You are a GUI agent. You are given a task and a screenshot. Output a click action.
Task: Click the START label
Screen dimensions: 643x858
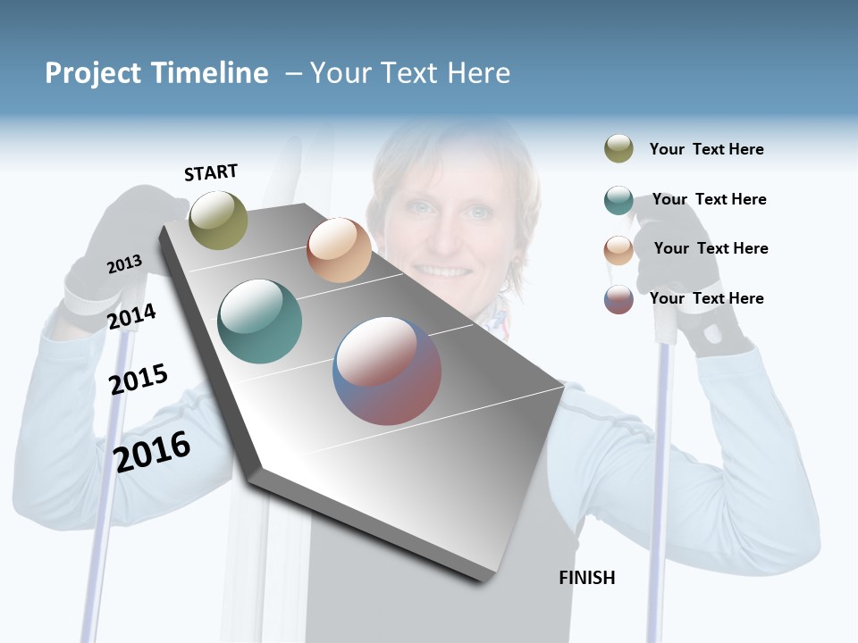[x=211, y=172]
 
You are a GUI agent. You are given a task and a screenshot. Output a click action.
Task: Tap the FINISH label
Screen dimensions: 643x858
[x=587, y=578]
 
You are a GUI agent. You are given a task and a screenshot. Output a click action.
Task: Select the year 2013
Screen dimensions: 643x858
[x=124, y=264]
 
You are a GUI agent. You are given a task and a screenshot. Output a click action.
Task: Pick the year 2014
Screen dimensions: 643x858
[x=131, y=316]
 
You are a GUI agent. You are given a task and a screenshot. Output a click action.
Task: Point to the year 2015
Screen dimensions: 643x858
[x=139, y=380]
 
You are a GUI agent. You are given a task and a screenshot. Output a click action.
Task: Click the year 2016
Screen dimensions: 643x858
[x=152, y=451]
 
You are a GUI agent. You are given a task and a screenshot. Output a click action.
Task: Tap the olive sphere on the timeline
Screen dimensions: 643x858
[x=218, y=220]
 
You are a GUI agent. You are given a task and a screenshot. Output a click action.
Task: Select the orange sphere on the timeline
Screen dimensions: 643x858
[x=339, y=250]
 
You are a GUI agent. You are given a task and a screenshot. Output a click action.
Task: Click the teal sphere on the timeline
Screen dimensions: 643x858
[x=259, y=321]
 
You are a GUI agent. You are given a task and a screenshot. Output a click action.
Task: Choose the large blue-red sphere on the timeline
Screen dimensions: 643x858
[x=387, y=371]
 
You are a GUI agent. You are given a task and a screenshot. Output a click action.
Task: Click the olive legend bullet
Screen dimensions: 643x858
[x=618, y=149]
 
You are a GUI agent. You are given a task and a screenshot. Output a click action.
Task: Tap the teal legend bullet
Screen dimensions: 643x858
[x=618, y=200]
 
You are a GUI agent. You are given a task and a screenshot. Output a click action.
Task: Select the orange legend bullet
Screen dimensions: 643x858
[x=618, y=250]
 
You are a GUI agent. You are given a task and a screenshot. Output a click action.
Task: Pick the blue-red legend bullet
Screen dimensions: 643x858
[x=618, y=299]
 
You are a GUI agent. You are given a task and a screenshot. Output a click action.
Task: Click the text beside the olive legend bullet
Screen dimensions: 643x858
[x=706, y=150]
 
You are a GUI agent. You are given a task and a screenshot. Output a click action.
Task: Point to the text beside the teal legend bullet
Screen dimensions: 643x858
[x=709, y=199]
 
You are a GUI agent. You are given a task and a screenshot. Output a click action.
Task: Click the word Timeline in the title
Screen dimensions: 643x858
[x=209, y=73]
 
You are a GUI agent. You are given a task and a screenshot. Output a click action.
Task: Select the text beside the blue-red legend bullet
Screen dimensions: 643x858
[x=706, y=298]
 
